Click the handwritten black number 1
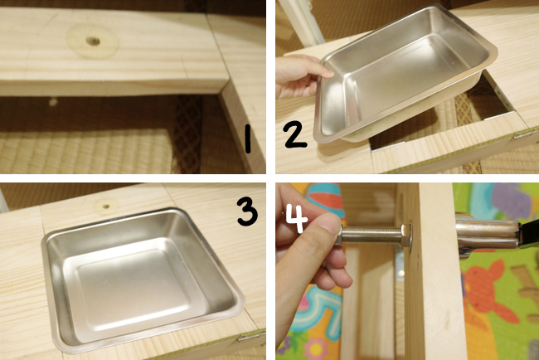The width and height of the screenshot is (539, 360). click(247, 139)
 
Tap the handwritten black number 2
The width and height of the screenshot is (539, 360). click(295, 134)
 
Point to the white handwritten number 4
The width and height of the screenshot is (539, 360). click(297, 218)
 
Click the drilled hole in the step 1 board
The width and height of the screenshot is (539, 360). click(93, 41)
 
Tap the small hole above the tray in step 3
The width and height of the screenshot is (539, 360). click(106, 207)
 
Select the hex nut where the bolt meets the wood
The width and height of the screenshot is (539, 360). click(406, 236)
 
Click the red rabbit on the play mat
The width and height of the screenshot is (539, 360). click(488, 292)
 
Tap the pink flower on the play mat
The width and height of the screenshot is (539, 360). click(316, 349)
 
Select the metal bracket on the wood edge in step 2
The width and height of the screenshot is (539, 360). click(524, 134)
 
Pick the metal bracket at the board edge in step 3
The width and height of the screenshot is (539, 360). click(251, 336)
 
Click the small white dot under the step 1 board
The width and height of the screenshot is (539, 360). click(52, 102)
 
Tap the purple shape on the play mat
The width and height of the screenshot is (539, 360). click(512, 201)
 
